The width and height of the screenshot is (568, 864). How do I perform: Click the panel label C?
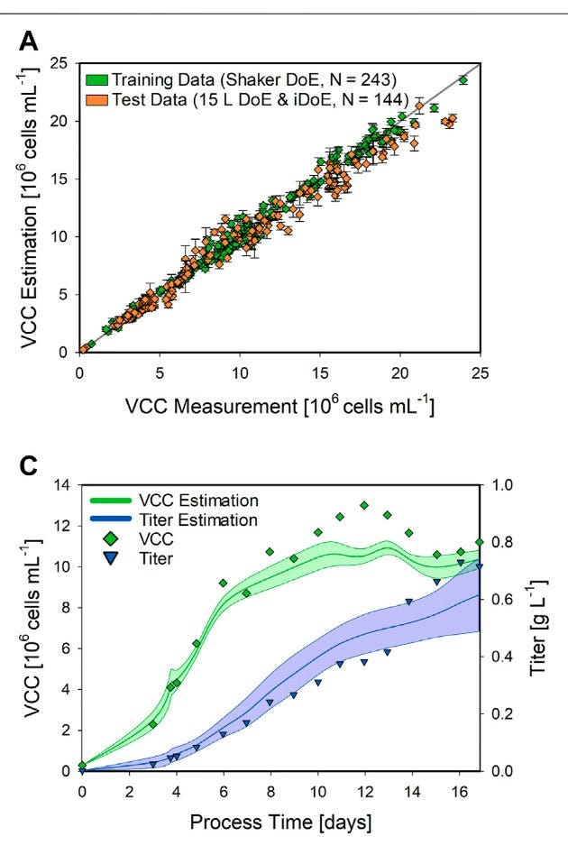click(x=30, y=465)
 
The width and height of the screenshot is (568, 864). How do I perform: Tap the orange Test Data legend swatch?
click(x=95, y=92)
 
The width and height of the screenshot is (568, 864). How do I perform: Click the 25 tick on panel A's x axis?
click(x=479, y=369)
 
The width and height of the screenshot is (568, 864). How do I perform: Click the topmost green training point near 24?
click(x=463, y=80)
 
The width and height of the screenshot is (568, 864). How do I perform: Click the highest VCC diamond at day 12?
click(x=364, y=505)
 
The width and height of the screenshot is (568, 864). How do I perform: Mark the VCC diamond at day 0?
click(x=82, y=765)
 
